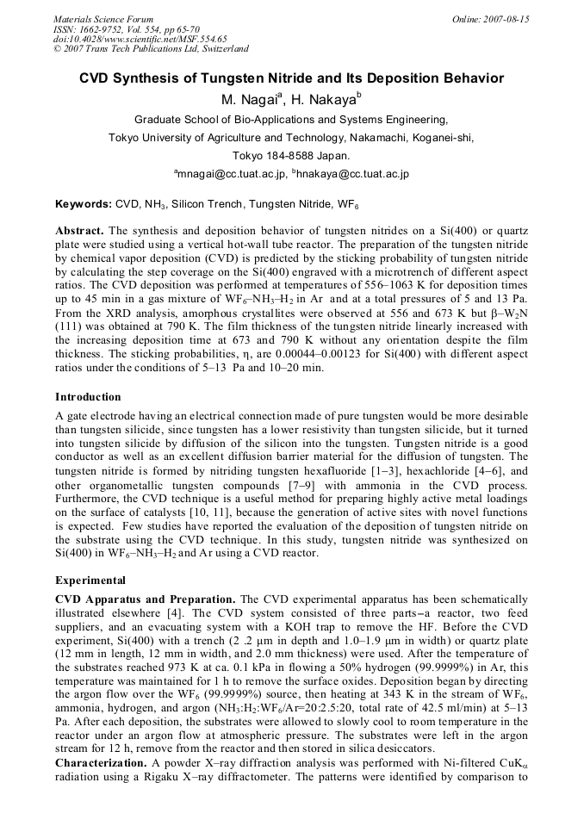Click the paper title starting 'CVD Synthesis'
tap(291, 78)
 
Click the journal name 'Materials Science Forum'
tap(103, 19)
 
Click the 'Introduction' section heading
tap(90, 397)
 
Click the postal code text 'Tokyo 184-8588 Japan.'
tap(291, 156)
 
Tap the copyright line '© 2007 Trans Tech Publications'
tap(151, 49)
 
